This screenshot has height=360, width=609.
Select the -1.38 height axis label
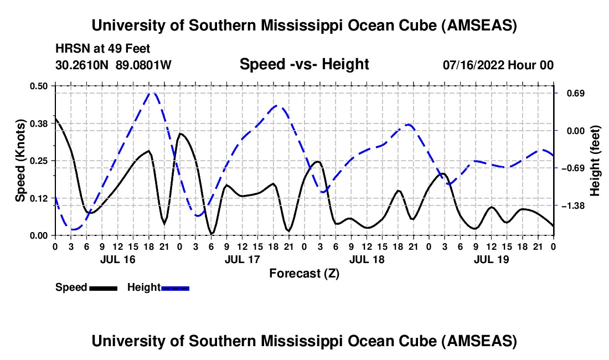click(572, 206)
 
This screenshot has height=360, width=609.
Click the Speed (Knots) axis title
click(20, 161)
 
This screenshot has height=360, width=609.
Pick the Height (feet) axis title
click(595, 161)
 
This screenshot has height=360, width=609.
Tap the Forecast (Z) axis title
click(304, 273)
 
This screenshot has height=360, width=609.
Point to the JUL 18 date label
click(367, 259)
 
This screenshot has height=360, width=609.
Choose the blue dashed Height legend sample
click(175, 288)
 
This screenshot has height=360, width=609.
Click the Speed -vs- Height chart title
click(304, 65)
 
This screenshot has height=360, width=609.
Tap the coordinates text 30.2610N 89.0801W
click(113, 65)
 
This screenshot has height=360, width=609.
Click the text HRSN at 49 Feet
click(103, 49)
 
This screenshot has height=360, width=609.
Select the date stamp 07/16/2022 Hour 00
click(498, 65)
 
